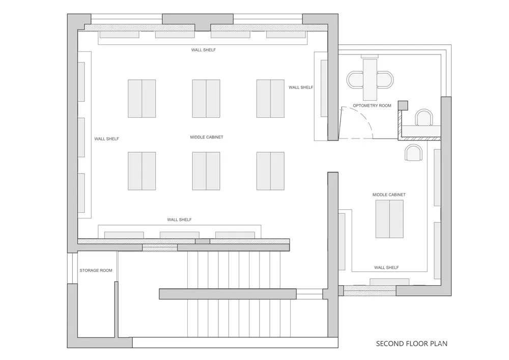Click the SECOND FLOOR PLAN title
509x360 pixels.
412,343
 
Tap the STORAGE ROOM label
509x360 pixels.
96,270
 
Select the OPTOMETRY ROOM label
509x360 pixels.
372,105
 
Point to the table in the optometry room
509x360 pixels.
370,79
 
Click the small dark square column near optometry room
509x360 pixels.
403,105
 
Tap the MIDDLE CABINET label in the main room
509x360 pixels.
207,137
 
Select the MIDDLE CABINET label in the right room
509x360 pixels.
389,195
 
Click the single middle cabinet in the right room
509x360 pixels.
389,219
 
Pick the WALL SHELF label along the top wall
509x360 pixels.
203,50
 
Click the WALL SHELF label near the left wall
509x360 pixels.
106,139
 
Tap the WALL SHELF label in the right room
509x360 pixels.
386,268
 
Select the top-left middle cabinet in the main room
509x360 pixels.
142,99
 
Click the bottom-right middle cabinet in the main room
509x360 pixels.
270,171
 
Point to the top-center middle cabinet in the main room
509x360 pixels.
206,99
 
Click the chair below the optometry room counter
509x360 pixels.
413,153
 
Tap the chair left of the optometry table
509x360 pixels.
355,80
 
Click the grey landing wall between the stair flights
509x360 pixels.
228,294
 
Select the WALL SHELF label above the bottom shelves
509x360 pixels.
179,220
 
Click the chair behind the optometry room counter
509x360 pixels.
425,118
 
